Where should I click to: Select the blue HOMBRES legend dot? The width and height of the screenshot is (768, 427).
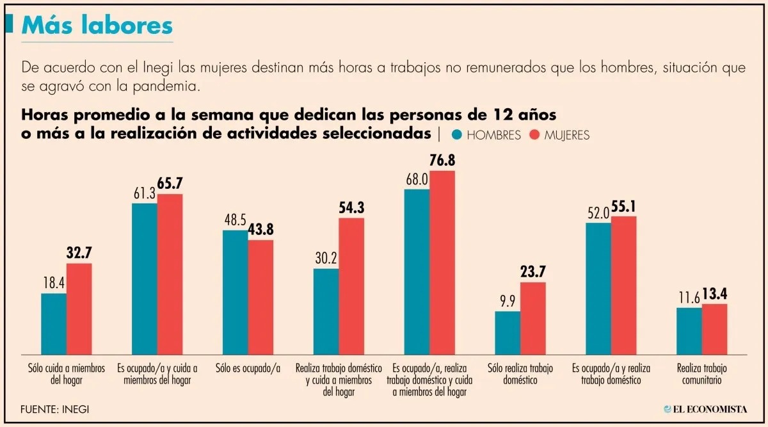coord(457,135)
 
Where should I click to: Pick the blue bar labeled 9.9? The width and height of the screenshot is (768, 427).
coord(508,332)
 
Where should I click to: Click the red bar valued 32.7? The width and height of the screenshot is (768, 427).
coord(79,308)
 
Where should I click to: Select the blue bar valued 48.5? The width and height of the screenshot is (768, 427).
coord(235,291)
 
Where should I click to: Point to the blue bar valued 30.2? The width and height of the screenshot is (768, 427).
coord(326,310)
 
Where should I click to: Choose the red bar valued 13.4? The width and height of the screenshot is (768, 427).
coord(714,328)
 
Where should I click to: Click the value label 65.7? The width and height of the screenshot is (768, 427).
coord(170,184)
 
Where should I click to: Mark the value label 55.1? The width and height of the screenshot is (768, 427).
coord(623,207)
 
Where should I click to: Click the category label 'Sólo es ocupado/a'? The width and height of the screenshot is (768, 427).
coord(248,369)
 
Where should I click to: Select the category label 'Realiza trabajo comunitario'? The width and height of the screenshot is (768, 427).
coord(702,374)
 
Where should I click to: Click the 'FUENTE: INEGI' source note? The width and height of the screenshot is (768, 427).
coord(54,408)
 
